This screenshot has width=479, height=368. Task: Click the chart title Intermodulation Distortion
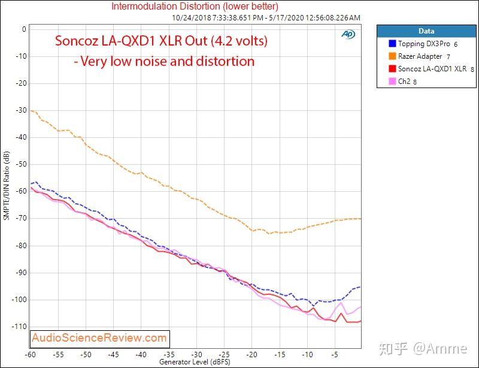[195, 7]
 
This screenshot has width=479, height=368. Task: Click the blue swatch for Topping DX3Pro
[392, 44]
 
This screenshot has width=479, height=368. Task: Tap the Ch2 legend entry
[404, 82]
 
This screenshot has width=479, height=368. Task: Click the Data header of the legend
[426, 31]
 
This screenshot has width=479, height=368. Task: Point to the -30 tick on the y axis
[23, 110]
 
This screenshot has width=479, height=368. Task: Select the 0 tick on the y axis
[24, 29]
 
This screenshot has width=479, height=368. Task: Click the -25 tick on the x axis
[223, 355]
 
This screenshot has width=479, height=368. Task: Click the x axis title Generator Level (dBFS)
[195, 363]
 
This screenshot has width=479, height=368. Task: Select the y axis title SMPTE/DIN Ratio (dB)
[7, 186]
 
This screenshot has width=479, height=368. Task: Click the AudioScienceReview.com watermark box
[99, 339]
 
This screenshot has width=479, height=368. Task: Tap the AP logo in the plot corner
[348, 34]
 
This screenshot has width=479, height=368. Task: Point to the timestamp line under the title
[266, 17]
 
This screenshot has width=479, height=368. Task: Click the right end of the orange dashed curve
[360, 218]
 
